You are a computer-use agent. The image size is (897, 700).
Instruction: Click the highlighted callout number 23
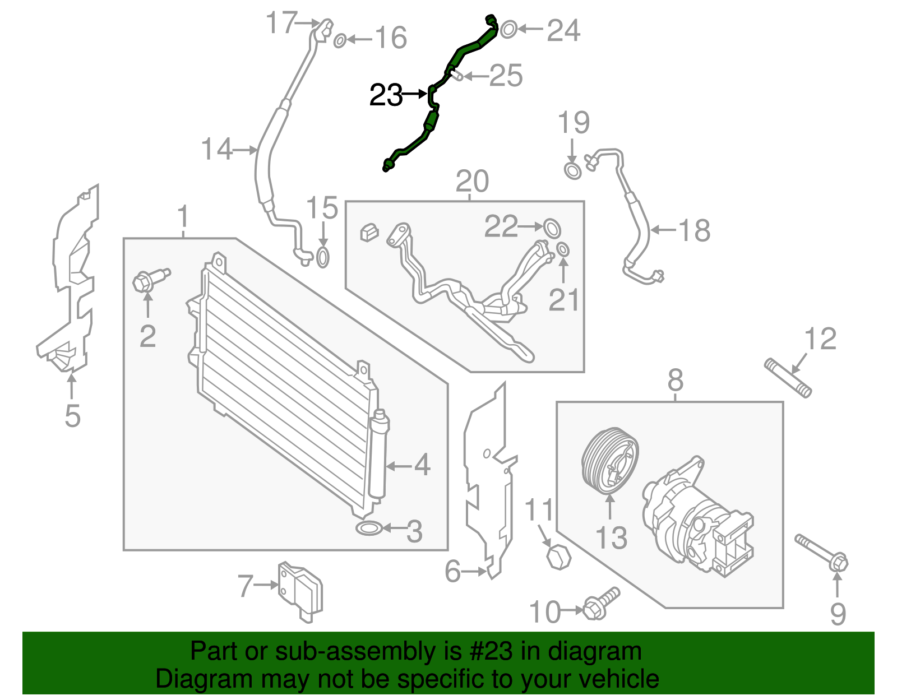(x=386, y=95)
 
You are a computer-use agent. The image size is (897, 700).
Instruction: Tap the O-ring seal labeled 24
(x=508, y=29)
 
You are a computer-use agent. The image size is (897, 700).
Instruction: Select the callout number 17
(x=281, y=24)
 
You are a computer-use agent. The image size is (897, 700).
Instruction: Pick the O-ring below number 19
(x=572, y=170)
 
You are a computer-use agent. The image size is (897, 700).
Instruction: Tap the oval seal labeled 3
(x=368, y=528)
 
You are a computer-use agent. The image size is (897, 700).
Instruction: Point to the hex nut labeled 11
(x=558, y=557)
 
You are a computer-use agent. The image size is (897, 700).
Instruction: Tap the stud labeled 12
(x=788, y=378)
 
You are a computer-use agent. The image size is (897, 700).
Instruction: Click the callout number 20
(x=472, y=181)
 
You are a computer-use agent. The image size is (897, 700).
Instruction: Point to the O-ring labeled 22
(x=552, y=227)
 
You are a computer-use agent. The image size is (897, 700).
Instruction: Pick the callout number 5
(x=72, y=416)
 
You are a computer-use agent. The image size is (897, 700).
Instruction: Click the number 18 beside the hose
(x=694, y=230)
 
